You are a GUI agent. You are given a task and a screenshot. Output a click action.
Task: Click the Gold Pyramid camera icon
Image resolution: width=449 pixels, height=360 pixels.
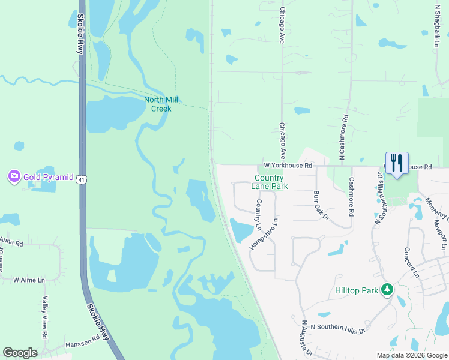click(x=13, y=176)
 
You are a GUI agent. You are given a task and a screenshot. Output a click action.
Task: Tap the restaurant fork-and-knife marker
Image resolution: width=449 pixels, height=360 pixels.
click(x=396, y=163)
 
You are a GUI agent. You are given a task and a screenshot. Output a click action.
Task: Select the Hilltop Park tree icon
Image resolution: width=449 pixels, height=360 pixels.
click(x=388, y=290)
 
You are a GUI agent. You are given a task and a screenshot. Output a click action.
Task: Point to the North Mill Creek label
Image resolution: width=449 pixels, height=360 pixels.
click(x=161, y=104)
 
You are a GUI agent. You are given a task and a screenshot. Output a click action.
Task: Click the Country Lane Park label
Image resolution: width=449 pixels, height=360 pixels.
click(x=271, y=182)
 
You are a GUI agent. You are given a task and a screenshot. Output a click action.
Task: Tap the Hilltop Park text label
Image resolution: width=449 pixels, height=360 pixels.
click(x=357, y=291)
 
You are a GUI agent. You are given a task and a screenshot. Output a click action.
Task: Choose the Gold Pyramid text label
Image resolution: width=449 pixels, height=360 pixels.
click(x=48, y=177)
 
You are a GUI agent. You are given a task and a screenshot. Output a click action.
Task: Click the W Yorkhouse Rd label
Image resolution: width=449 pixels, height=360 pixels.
click(x=288, y=165)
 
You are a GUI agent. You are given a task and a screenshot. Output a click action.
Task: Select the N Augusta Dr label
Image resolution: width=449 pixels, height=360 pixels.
click(x=307, y=339)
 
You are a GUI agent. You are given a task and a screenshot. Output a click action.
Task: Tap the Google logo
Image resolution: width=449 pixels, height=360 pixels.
click(x=20, y=353)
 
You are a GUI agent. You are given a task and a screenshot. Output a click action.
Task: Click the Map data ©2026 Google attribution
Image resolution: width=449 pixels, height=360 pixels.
click(x=411, y=355)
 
